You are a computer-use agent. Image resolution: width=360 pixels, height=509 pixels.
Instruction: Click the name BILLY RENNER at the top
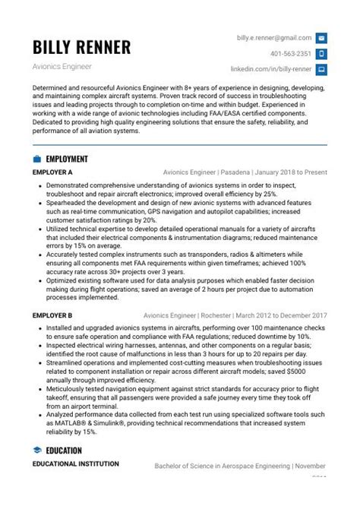pyautogui.click(x=81, y=47)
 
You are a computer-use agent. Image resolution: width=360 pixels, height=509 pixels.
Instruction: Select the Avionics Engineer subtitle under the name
pyautogui.click(x=62, y=68)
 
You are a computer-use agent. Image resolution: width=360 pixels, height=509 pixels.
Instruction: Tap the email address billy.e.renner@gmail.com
pyautogui.click(x=273, y=37)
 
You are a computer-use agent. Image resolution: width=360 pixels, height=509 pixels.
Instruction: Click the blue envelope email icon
pyautogui.click(x=321, y=38)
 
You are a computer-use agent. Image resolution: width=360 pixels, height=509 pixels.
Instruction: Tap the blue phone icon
pyautogui.click(x=321, y=54)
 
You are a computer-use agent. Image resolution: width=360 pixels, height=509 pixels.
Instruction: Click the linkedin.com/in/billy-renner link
pyautogui.click(x=281, y=70)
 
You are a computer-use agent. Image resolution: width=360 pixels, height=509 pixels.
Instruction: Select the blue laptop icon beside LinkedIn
pyautogui.click(x=321, y=70)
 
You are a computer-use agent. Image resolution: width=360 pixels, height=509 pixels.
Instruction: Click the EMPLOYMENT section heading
pyautogui.click(x=67, y=160)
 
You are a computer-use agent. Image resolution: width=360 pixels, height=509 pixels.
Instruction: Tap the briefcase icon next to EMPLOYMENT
pyautogui.click(x=37, y=160)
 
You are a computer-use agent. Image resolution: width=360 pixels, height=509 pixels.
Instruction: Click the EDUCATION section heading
pyautogui.click(x=64, y=451)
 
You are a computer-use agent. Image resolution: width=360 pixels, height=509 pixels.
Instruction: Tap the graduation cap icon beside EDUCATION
pyautogui.click(x=37, y=451)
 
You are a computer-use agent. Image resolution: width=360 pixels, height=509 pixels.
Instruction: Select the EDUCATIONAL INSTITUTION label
pyautogui.click(x=75, y=463)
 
